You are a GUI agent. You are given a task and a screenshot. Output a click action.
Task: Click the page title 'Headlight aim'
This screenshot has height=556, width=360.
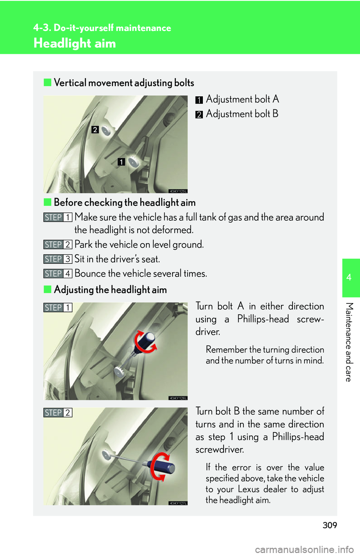(75, 43)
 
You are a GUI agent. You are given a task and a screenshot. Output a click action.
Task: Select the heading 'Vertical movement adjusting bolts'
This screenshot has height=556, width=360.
(124, 83)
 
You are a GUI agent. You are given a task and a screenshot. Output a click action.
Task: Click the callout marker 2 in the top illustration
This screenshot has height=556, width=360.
(95, 130)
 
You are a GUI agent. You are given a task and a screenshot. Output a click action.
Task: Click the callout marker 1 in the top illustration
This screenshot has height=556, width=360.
(121, 162)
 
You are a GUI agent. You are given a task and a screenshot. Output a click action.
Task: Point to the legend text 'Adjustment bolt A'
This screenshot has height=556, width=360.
(242, 99)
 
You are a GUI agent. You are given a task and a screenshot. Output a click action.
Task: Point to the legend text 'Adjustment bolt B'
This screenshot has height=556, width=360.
(242, 114)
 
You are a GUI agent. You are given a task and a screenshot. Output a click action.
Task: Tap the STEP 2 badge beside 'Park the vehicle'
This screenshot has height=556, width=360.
(57, 245)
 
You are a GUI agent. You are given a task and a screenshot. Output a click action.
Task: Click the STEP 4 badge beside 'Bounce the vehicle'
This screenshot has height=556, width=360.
(57, 274)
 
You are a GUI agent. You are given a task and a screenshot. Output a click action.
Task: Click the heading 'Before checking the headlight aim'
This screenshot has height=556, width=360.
(124, 203)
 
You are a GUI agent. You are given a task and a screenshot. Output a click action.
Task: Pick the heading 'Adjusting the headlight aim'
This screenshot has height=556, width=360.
(110, 290)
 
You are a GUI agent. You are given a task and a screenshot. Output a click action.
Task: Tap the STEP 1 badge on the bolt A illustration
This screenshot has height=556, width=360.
(57, 308)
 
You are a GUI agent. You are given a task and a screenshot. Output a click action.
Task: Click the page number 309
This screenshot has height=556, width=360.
(330, 525)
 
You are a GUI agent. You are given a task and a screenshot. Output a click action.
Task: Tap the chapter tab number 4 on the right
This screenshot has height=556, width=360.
(349, 278)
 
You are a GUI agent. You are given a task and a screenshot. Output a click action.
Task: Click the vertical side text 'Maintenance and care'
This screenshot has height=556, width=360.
(349, 342)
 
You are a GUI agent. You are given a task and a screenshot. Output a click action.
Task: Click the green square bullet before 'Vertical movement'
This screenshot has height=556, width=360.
(47, 82)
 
